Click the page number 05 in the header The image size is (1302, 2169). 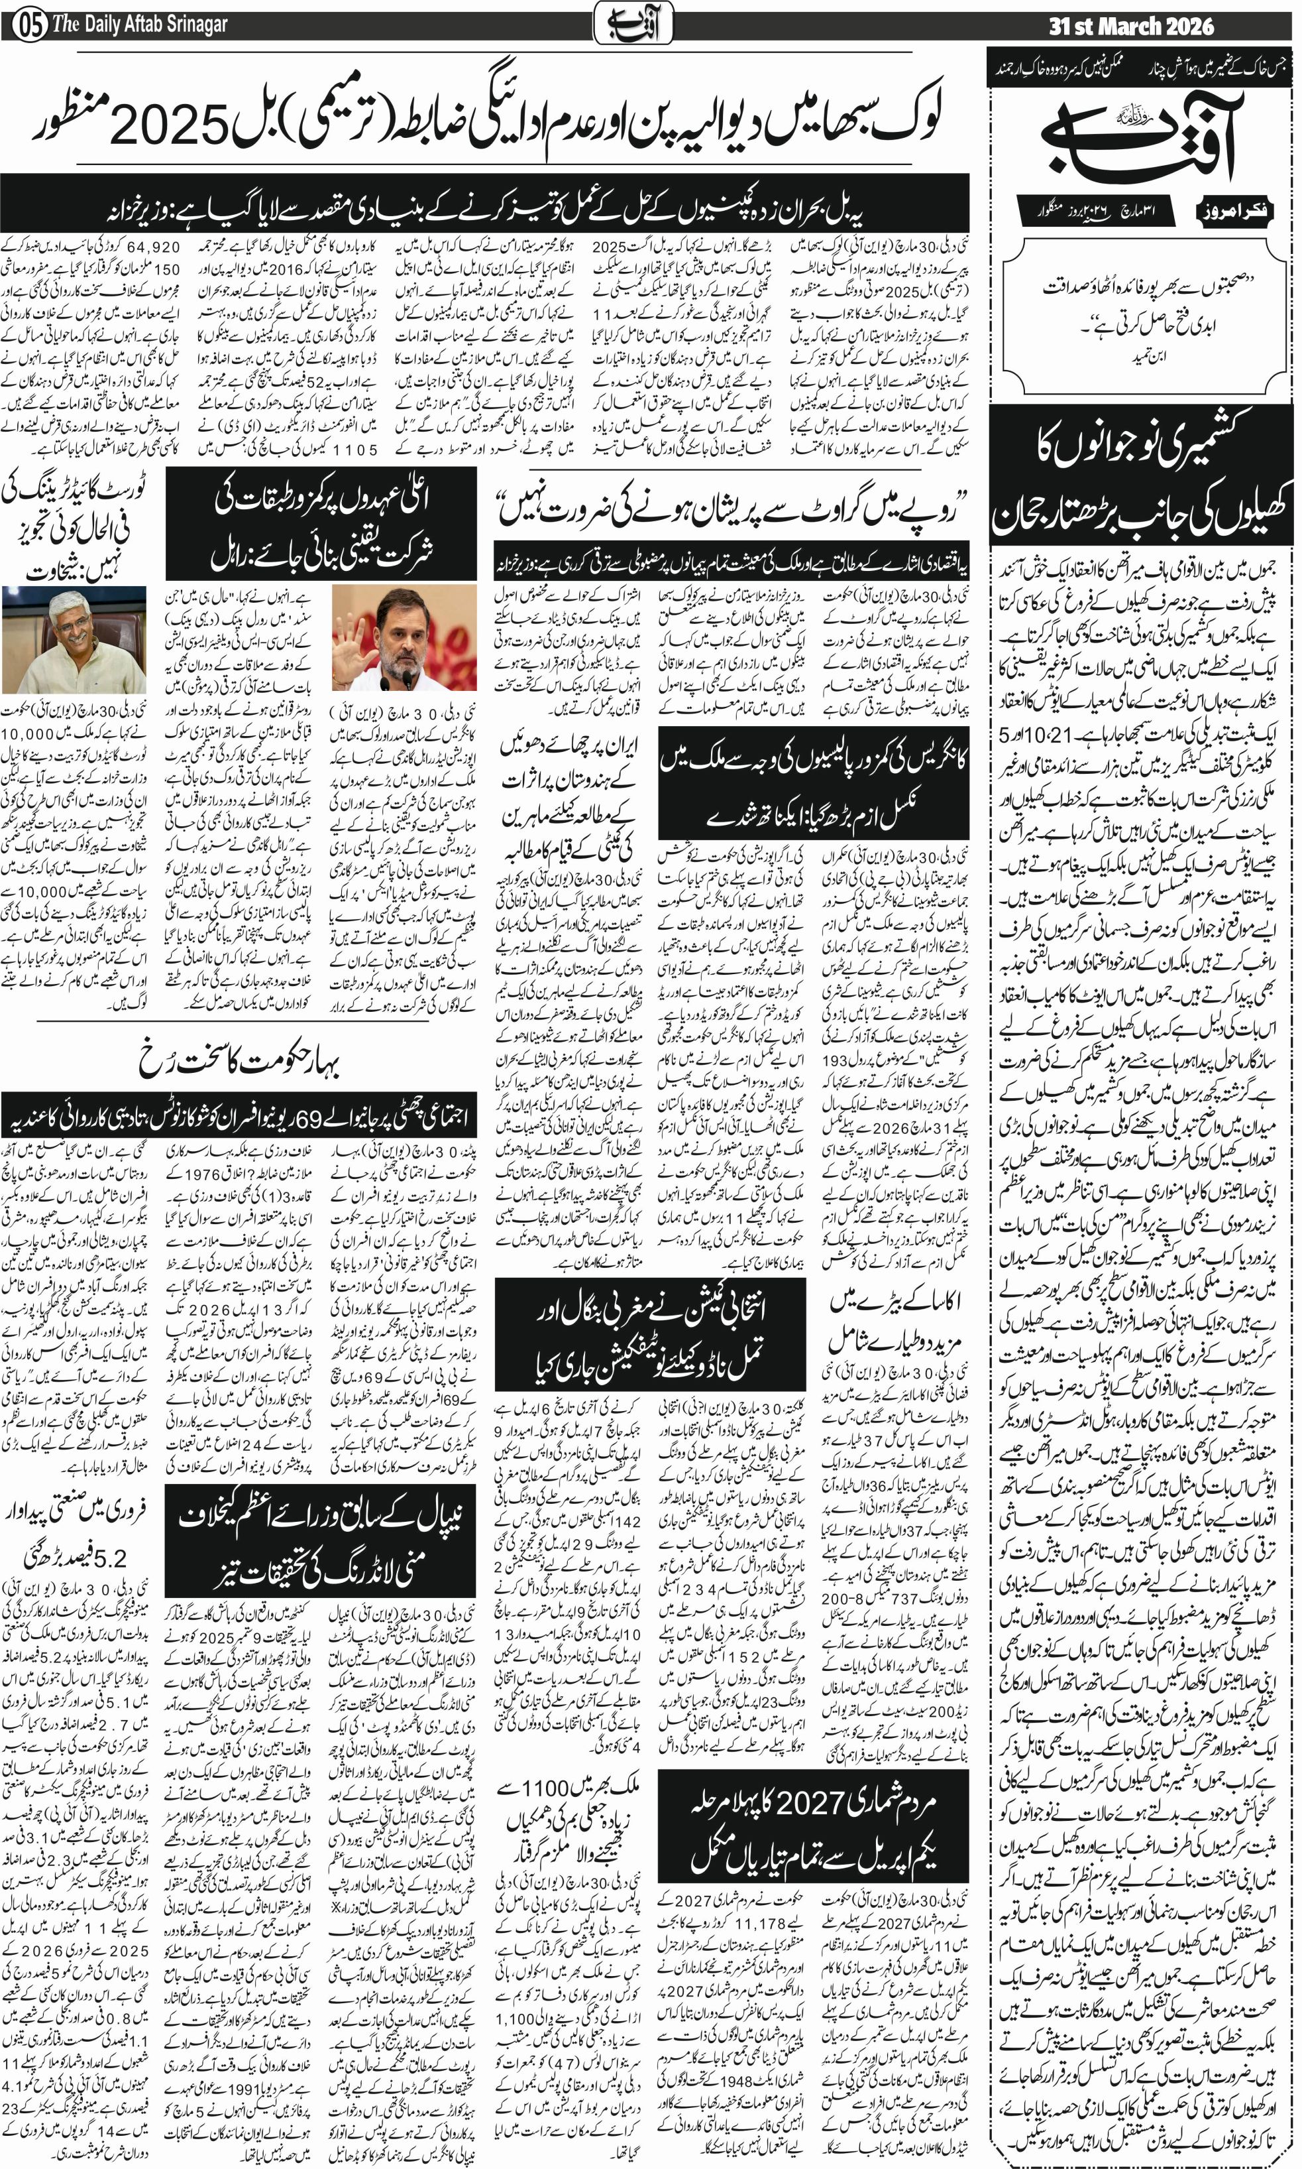pos(30,25)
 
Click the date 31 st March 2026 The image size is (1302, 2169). pos(1131,27)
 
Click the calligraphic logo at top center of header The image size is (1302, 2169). pos(633,23)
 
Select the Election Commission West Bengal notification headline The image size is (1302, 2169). pos(649,1334)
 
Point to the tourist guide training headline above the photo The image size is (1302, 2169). pos(75,527)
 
